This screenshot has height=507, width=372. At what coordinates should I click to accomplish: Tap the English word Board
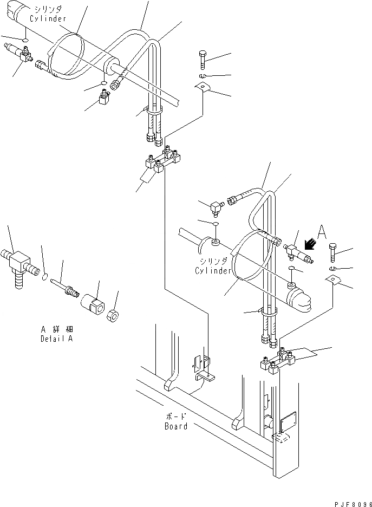[x=176, y=426]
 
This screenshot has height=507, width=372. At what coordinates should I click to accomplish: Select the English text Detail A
[x=56, y=339]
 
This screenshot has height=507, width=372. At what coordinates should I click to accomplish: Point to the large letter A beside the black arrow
[x=322, y=233]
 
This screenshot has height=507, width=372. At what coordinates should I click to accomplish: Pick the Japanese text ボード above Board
[x=176, y=417]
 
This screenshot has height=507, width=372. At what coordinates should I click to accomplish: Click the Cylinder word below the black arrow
[x=214, y=271]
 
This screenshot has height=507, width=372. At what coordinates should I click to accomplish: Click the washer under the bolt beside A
[x=332, y=269]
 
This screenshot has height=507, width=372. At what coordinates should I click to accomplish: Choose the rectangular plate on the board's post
[x=287, y=421]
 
